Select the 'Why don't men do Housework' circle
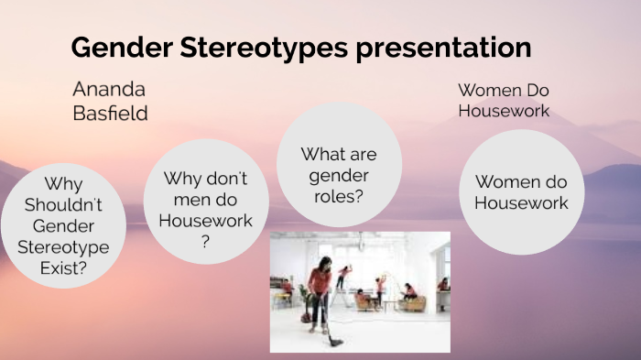205,201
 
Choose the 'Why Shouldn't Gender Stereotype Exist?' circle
63,226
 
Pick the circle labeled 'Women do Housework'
521,191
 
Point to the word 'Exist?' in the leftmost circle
63,268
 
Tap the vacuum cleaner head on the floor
336,342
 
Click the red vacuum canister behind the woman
306,317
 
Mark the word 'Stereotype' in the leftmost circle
63,247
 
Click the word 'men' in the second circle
176,200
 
